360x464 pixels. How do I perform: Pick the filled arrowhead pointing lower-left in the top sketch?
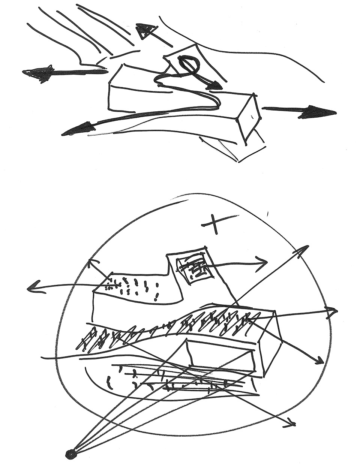pyautogui.click(x=75, y=129)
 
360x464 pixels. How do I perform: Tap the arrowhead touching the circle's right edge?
pyautogui.click(x=332, y=311)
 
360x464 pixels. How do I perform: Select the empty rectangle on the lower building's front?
pyautogui.click(x=221, y=354)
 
